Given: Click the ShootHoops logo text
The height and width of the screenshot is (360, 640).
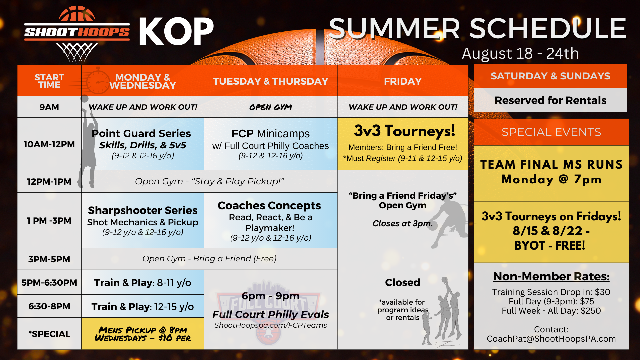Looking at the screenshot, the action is pos(77,32).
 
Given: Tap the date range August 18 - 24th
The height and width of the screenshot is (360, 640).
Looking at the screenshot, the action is pos(520,53).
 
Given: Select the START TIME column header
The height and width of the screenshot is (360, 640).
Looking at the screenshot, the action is pos(49,81).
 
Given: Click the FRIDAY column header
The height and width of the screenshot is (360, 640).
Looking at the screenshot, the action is pos(403,81).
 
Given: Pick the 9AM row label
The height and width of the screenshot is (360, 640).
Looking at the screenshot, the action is pos(49,107).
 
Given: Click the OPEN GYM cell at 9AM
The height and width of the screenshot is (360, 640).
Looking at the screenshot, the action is pos(271,107).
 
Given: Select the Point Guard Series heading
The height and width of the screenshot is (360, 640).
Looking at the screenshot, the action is pos(141,133).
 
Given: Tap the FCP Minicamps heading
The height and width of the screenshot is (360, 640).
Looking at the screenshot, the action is pos(271,134).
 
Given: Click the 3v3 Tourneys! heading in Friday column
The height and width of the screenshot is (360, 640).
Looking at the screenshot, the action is pos(404,131).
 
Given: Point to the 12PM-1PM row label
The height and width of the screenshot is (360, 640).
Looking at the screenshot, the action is pos(49,182).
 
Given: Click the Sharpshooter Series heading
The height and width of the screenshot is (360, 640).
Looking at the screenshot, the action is pos(143,210).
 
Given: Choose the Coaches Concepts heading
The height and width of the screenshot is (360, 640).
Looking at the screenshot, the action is pos(269,206).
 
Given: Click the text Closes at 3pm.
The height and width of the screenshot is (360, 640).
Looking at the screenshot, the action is pos(403,223).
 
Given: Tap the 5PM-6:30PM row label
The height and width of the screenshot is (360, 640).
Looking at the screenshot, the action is pos(49,283).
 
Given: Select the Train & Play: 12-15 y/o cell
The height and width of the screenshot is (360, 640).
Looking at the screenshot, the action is pos(143,307).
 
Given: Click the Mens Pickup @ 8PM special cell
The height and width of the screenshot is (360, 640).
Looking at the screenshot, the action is pos(143,334).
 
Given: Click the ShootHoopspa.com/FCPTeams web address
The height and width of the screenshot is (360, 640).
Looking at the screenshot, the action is pos(271,325).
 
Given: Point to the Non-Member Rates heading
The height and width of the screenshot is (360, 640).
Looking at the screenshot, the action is pos(551,276).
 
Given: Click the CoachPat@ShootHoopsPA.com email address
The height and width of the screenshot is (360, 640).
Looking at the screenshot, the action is pos(551,339).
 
